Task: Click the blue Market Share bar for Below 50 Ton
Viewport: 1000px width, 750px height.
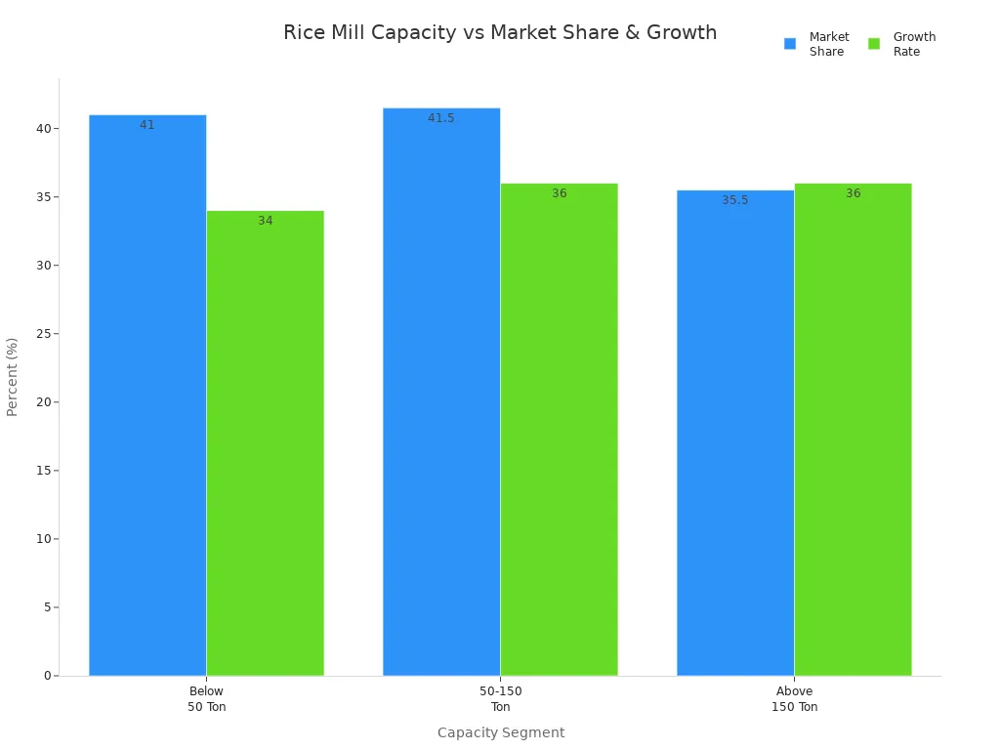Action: tap(147, 396)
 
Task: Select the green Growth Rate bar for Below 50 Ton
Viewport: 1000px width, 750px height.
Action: tap(265, 443)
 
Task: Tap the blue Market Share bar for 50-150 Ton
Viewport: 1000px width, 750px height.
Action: tap(441, 392)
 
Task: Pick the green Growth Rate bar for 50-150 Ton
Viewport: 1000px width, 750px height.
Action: tap(559, 430)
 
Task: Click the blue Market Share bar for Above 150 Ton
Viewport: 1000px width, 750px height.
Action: tap(735, 433)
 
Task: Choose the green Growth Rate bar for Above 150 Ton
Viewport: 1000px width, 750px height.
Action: tap(853, 430)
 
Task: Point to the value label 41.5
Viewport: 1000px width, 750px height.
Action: tap(441, 118)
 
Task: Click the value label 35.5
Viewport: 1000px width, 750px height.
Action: tap(735, 200)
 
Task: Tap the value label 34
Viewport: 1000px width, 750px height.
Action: tap(266, 221)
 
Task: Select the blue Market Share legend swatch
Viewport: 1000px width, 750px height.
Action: tap(790, 44)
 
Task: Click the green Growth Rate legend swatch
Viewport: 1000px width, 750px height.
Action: tap(874, 44)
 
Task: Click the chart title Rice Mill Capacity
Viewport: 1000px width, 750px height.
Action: tap(500, 33)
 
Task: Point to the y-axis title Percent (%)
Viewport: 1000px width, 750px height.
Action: tap(13, 377)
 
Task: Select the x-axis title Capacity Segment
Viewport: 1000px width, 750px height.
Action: tap(500, 732)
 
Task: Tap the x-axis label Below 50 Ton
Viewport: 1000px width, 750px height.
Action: tap(206, 699)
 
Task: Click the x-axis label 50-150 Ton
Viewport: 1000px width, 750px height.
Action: tap(500, 699)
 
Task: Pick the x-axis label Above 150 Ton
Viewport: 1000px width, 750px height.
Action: tap(794, 699)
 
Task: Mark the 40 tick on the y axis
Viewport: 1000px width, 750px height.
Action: tap(43, 129)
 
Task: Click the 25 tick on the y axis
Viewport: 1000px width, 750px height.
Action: tap(43, 334)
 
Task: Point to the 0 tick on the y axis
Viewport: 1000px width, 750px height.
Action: tap(47, 676)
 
